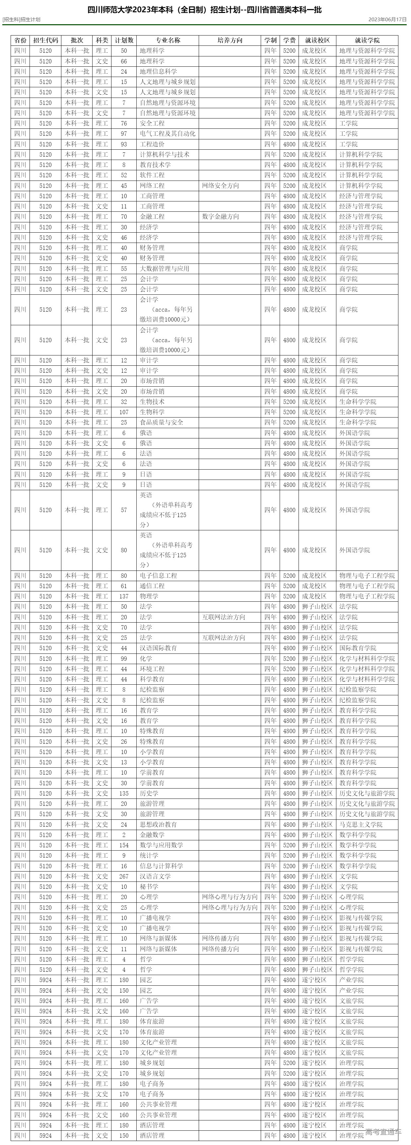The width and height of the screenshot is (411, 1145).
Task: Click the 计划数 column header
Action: pyautogui.click(x=124, y=40)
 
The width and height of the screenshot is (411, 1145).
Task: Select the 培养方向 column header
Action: pyautogui.click(x=230, y=40)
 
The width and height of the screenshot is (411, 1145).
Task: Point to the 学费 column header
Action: pyautogui.click(x=289, y=40)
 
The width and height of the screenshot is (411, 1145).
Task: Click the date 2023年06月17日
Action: pyautogui.click(x=387, y=20)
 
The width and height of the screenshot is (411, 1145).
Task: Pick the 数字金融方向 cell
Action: pyautogui.click(x=220, y=216)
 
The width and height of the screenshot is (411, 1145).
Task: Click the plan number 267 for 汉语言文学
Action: pyautogui.click(x=124, y=876)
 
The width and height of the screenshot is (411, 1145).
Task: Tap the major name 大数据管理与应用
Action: pyautogui.click(x=165, y=268)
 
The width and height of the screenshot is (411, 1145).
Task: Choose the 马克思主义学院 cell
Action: pyautogui.click(x=361, y=824)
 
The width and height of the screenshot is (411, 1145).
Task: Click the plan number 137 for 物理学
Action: pyautogui.click(x=124, y=596)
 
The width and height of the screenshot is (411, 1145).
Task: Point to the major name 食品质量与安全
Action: pyautogui.click(x=161, y=422)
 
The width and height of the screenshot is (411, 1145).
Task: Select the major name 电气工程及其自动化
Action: pyautogui.click(x=168, y=133)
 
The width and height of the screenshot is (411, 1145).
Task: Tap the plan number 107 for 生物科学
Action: pyautogui.click(x=124, y=412)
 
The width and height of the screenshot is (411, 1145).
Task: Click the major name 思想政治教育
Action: pyautogui.click(x=158, y=824)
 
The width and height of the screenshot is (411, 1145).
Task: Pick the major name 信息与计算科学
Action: pyautogui.click(x=161, y=866)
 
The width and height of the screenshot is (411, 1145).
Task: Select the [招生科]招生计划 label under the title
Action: pyautogui.click(x=21, y=20)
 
